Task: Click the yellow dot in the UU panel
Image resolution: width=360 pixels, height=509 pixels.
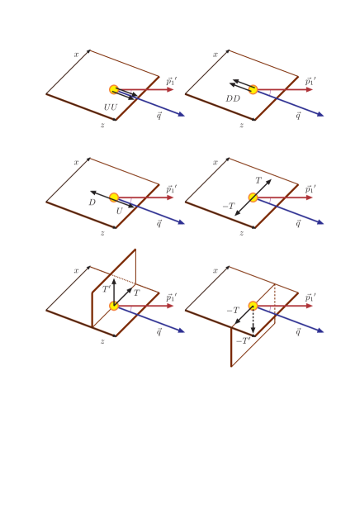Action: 114,89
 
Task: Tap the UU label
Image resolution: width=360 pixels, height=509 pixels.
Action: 110,107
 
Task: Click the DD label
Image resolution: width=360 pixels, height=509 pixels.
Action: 233,99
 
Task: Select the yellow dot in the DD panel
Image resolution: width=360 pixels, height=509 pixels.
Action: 253,89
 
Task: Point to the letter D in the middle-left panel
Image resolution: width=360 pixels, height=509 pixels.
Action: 92,202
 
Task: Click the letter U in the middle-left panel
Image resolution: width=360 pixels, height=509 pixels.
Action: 119,212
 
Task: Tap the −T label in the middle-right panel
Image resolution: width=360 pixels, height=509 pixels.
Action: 228,206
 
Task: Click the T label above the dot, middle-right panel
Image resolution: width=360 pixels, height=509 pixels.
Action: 258,180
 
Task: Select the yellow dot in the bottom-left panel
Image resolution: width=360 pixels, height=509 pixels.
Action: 114,306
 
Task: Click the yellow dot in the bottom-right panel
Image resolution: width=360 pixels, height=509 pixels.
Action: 253,306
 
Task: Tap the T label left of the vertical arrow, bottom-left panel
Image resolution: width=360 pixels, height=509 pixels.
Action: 106,289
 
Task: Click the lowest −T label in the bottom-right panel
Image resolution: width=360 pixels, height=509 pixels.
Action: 242,340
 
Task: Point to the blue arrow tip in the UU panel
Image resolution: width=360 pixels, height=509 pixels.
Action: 182,116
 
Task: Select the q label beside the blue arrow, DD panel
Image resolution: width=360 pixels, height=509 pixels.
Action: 298,116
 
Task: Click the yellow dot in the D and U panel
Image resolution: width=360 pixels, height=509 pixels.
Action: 114,197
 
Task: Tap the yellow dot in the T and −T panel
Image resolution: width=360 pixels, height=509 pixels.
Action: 253,197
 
